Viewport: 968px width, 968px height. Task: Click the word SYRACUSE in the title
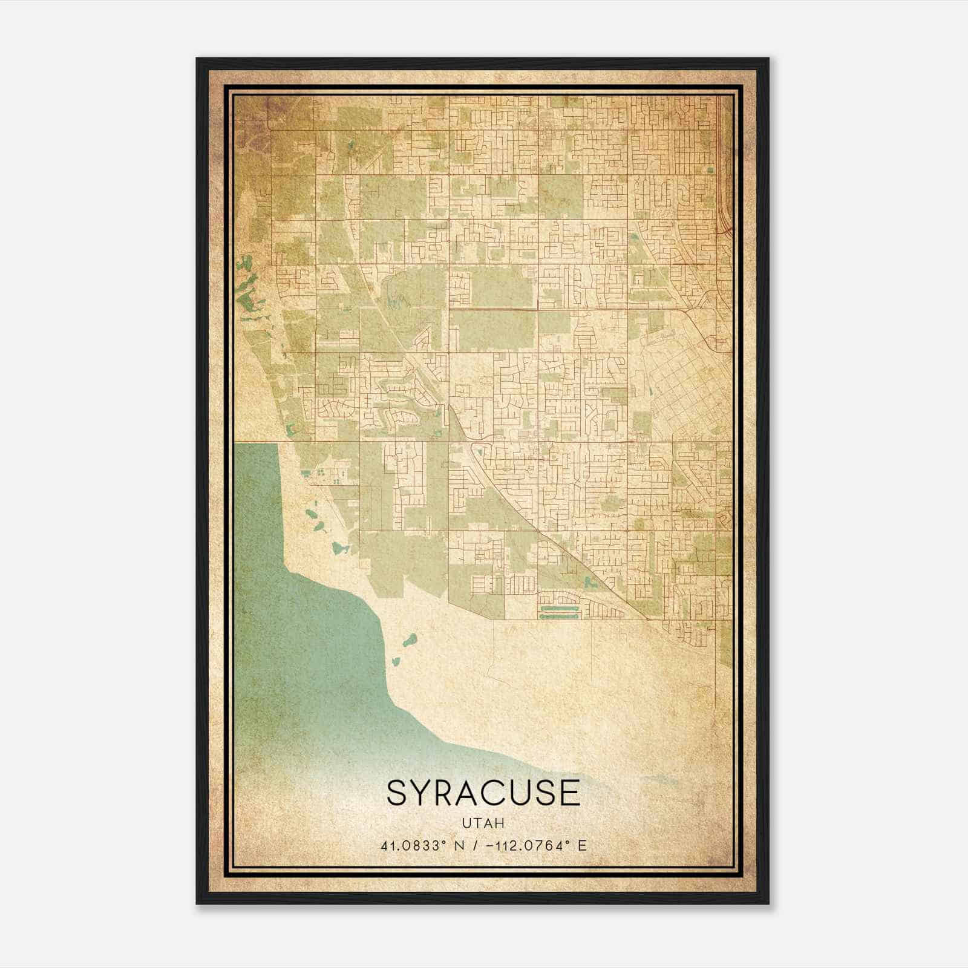point(483,793)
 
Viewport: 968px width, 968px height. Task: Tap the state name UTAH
point(483,823)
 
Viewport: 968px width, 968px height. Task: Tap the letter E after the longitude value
point(582,846)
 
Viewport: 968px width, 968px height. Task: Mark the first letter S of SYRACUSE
point(397,793)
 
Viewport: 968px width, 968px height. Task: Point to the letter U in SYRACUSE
point(533,793)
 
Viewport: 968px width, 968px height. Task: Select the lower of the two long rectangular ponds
point(560,616)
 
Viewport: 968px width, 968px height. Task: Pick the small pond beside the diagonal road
point(589,583)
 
